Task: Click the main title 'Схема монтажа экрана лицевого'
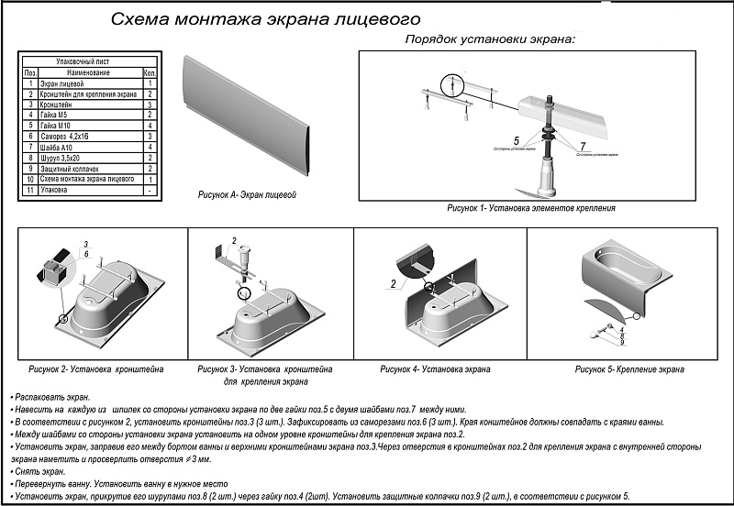point(265,18)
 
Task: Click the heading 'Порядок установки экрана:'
point(491,42)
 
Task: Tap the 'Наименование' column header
point(88,71)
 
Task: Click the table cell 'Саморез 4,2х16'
point(70,135)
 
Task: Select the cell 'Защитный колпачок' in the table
point(73,169)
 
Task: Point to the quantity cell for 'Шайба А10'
point(150,146)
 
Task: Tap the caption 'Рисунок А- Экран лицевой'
point(247,196)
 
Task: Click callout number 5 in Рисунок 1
point(517,139)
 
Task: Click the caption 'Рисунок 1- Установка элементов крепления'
point(530,209)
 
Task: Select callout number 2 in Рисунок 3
point(234,240)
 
